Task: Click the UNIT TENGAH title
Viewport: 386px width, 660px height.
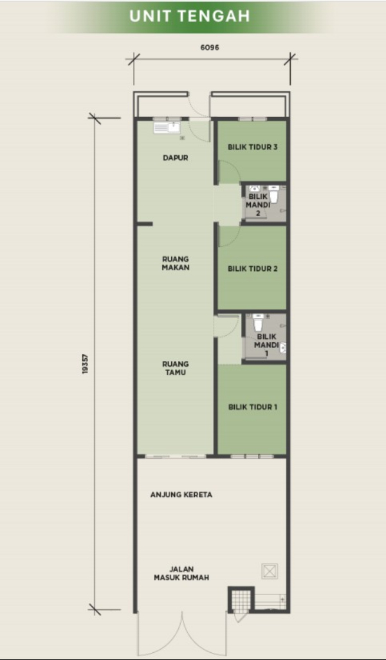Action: [189, 16]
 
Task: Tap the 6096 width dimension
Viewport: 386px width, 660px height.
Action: [210, 48]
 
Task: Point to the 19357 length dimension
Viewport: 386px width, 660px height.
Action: [86, 363]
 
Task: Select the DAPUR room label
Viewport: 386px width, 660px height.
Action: [175, 158]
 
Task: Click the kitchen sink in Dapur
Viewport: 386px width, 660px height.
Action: [167, 127]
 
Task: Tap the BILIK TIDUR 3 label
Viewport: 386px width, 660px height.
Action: [253, 147]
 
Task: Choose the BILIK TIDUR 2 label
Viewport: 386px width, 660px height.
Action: [253, 268]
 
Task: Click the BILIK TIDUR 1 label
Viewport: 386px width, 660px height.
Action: [253, 407]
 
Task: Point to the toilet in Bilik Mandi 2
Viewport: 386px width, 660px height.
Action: [274, 194]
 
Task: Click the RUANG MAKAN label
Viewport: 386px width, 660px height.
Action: [176, 263]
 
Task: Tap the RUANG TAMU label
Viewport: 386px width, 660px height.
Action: [176, 368]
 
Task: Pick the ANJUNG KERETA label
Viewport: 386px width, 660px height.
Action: [181, 495]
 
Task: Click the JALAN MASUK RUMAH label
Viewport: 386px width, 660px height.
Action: [181, 573]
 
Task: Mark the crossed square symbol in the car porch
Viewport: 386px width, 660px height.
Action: [268, 571]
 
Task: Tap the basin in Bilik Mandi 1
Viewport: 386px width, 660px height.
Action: [283, 347]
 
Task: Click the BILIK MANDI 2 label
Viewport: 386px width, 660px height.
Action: [257, 205]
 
